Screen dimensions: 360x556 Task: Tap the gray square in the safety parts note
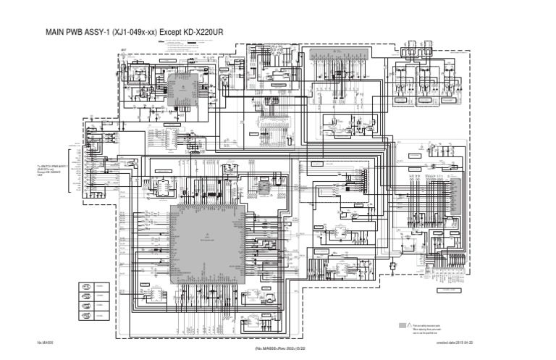click(403, 326)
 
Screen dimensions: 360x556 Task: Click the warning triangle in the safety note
click(410, 326)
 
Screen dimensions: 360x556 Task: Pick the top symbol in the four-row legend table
click(85, 286)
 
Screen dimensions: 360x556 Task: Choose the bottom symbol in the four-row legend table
click(85, 317)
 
